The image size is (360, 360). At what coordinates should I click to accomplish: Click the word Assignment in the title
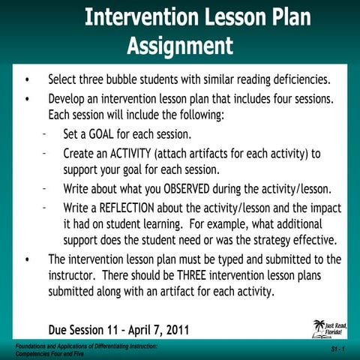point(180,46)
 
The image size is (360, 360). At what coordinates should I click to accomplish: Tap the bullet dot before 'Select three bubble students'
point(28,79)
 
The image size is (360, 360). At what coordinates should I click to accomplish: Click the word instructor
point(75,276)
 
